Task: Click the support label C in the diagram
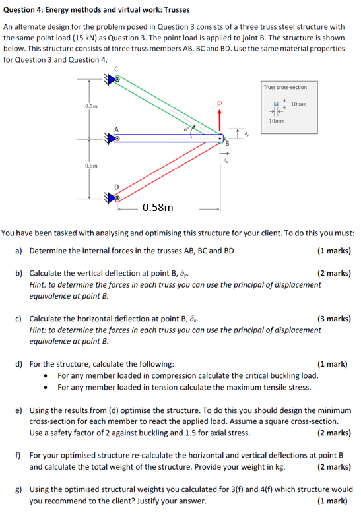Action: click(117, 69)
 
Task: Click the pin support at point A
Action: click(116, 138)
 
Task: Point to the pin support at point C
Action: click(116, 78)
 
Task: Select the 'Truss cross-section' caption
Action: click(284, 87)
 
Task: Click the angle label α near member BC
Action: click(187, 130)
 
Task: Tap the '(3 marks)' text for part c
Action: click(333, 319)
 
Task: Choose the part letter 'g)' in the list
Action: click(20, 490)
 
